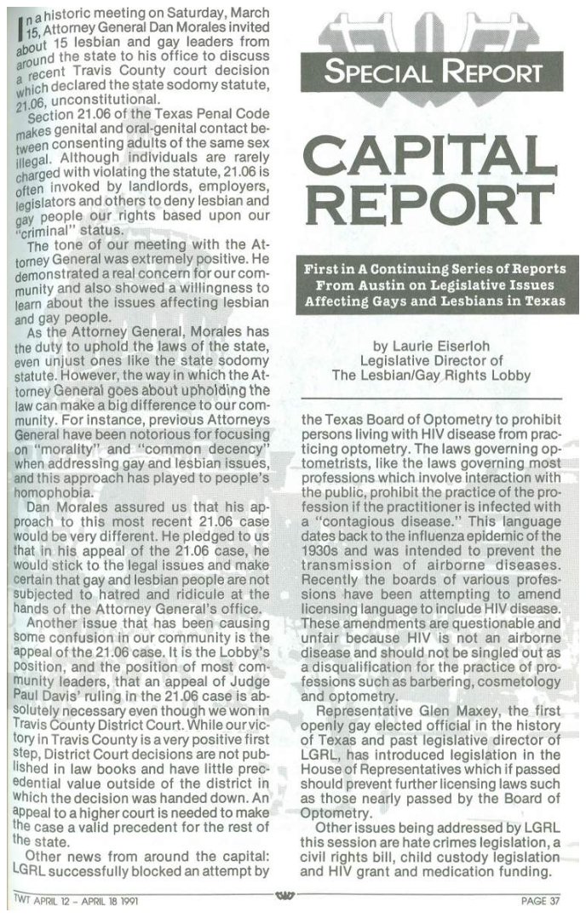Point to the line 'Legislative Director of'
433,360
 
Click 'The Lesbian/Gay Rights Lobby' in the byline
433,375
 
